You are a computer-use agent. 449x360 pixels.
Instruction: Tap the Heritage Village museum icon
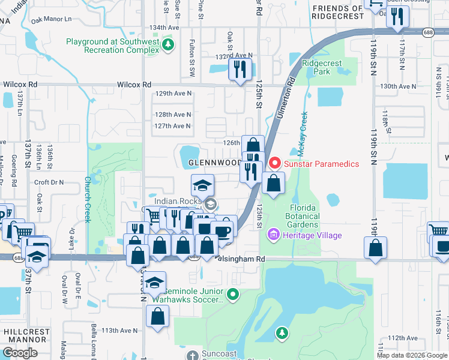(274, 235)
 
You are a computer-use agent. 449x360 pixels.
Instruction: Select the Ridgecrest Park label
(322, 67)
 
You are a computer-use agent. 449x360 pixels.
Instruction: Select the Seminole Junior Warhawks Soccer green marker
(234, 293)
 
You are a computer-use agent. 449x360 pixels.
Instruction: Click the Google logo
(20, 352)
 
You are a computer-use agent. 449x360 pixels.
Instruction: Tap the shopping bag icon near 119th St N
(375, 248)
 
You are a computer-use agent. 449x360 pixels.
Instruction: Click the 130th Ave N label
(398, 86)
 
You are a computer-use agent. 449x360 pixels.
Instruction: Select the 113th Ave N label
(119, 331)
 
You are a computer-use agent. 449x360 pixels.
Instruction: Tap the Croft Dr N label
(49, 182)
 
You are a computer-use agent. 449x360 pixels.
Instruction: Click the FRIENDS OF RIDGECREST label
(337, 12)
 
